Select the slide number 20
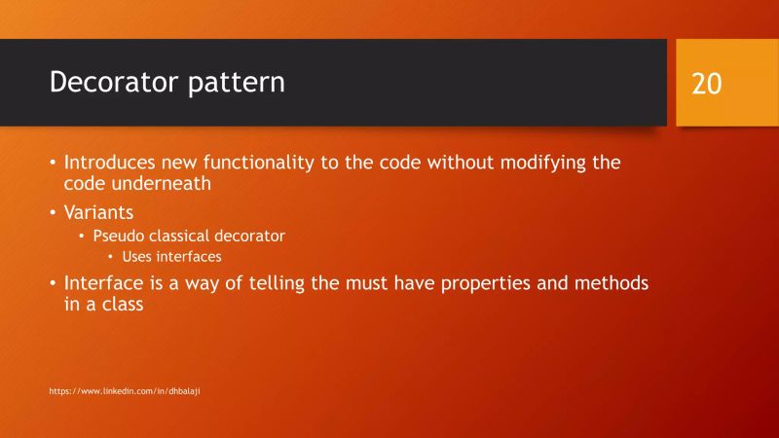(707, 84)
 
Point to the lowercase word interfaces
(189, 257)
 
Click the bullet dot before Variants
(54, 212)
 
